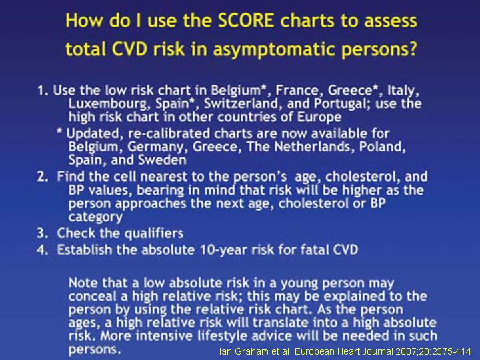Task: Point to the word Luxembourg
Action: [109, 104]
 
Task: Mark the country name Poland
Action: [383, 147]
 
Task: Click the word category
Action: [95, 217]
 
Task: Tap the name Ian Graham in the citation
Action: [241, 352]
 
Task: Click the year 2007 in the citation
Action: [405, 352]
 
